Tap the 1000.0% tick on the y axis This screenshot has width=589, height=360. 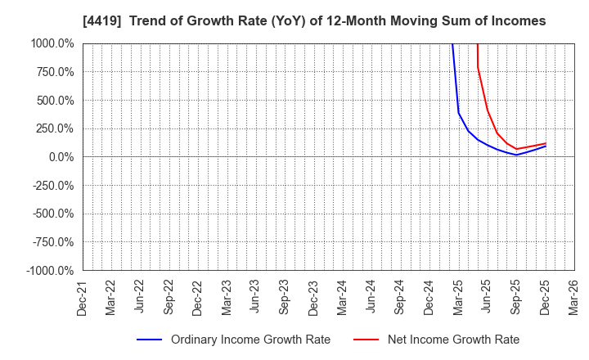coord(54,43)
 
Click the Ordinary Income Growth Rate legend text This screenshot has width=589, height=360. coord(250,340)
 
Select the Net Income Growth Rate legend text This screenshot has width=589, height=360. coord(453,340)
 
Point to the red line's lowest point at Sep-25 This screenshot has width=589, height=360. coord(516,149)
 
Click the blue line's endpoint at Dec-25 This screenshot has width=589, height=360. coord(546,146)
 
